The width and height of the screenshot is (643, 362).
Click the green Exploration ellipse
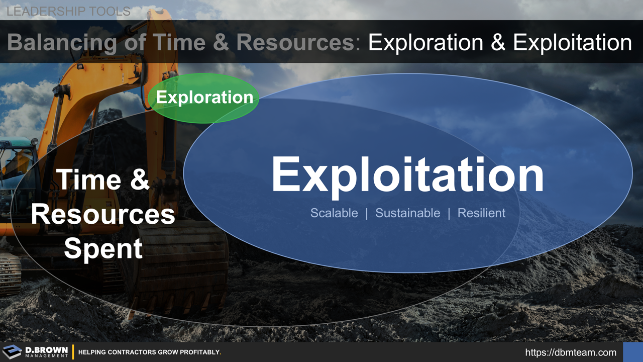[x=203, y=98]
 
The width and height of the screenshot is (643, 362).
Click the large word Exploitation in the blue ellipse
[x=407, y=175]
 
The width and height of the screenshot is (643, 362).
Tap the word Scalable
[x=334, y=213]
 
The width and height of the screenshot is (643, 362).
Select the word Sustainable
[x=407, y=213]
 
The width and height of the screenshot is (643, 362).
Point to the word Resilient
[x=481, y=213]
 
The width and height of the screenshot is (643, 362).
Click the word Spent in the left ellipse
[x=103, y=249]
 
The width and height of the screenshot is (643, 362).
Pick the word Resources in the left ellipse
[x=103, y=215]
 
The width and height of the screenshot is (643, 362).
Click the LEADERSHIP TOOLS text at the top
[x=69, y=11]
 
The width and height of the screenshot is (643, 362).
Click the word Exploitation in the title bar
[x=572, y=43]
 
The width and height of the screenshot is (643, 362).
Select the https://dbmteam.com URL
[x=571, y=352]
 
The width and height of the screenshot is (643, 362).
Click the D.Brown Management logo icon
[x=12, y=352]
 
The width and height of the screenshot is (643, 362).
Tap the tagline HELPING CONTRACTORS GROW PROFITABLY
[x=150, y=352]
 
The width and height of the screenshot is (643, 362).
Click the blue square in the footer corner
[x=632, y=352]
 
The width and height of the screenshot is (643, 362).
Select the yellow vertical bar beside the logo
[x=73, y=352]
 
